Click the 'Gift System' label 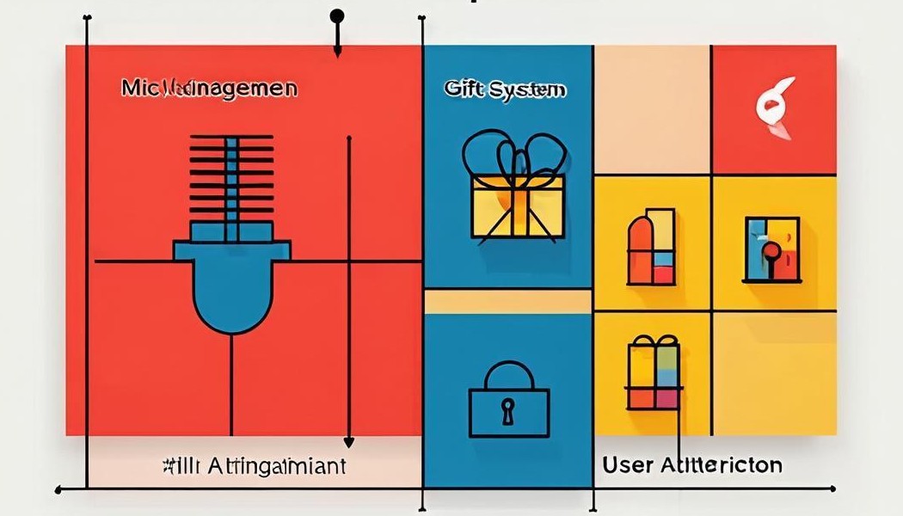coord(505,89)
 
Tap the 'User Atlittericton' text coord(692,465)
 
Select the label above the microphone coord(209,88)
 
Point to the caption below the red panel coord(254,466)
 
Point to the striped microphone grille coord(230,177)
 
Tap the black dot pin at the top coord(337,15)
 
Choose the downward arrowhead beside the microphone coord(348,442)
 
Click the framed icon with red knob coord(771,249)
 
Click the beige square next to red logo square coord(652,109)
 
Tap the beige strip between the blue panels coord(507,301)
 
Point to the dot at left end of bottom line coord(58,490)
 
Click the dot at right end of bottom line coord(832,489)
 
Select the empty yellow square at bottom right coord(774,374)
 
